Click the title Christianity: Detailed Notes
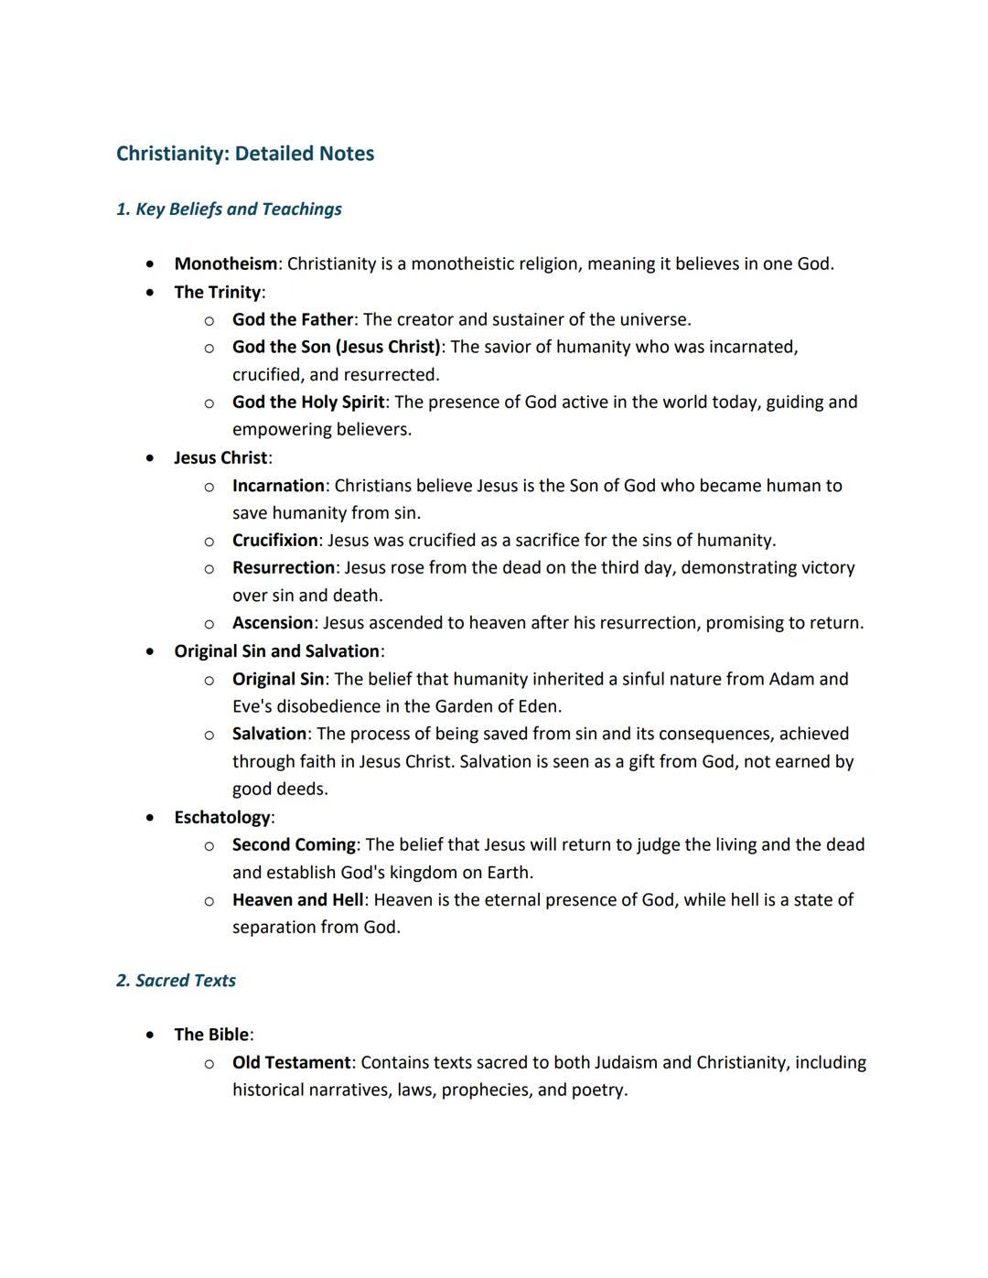click(245, 154)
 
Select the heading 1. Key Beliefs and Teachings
click(229, 209)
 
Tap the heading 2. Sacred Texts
click(176, 981)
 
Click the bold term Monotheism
click(225, 263)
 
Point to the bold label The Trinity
click(217, 292)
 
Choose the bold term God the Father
click(292, 319)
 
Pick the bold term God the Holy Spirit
click(308, 402)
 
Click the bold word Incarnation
click(278, 486)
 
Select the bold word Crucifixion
click(274, 540)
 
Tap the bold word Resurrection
click(284, 567)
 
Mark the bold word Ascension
click(273, 623)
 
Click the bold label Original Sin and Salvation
click(276, 651)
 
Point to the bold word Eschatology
click(221, 817)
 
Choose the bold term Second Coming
click(294, 844)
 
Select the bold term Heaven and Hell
click(297, 900)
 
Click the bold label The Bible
click(211, 1035)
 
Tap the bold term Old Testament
click(291, 1062)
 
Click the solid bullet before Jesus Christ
click(150, 457)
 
